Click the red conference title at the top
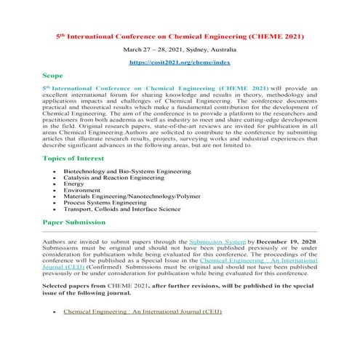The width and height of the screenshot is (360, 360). pyautogui.click(x=180, y=35)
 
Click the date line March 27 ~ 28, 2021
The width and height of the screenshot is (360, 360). pyautogui.click(x=180, y=50)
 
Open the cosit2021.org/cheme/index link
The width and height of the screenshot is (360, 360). pyautogui.click(x=180, y=64)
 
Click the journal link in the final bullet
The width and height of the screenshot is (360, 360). pyautogui.click(x=142, y=311)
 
